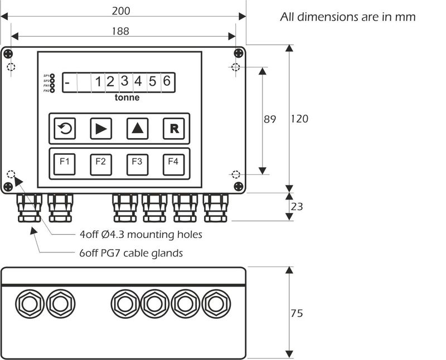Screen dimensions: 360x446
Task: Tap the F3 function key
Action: tap(137, 163)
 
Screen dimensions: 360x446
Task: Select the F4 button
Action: tap(173, 163)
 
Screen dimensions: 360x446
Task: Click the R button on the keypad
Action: tap(173, 129)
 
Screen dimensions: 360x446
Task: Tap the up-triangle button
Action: tap(137, 129)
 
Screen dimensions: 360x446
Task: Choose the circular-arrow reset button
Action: tap(65, 129)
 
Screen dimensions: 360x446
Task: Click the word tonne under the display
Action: tap(127, 98)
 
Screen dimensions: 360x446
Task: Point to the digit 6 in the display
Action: tap(166, 81)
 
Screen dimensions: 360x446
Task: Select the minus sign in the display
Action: tap(67, 82)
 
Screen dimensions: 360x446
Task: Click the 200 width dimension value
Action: tap(122, 10)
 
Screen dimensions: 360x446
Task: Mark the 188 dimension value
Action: tap(120, 31)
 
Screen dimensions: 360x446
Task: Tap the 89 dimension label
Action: tap(270, 119)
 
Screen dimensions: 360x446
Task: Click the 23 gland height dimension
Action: tap(297, 207)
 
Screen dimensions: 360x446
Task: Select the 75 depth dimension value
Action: tap(297, 313)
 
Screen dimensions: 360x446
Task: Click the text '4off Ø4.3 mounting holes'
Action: tap(140, 235)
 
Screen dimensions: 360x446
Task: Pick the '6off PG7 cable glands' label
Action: tap(131, 254)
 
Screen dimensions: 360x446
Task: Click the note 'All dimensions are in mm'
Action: tap(348, 17)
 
